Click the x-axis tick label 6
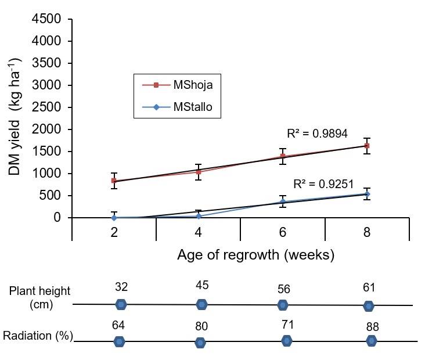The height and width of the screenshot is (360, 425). coord(283,232)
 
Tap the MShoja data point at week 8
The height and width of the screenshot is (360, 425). coord(367,146)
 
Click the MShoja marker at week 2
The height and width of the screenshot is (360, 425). coord(114,181)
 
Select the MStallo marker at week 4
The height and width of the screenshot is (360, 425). coord(199,216)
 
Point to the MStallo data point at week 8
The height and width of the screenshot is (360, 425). coord(367,194)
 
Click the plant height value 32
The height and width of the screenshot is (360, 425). coord(121,286)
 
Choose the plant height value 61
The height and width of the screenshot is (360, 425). coord(369,287)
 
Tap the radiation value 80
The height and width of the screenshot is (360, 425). coord(201,326)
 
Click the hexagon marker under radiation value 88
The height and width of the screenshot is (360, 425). coord(372,341)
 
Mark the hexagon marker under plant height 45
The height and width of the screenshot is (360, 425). coord(201,304)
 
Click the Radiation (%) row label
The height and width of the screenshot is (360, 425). coord(38,336)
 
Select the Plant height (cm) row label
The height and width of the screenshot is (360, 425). coord(34,297)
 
